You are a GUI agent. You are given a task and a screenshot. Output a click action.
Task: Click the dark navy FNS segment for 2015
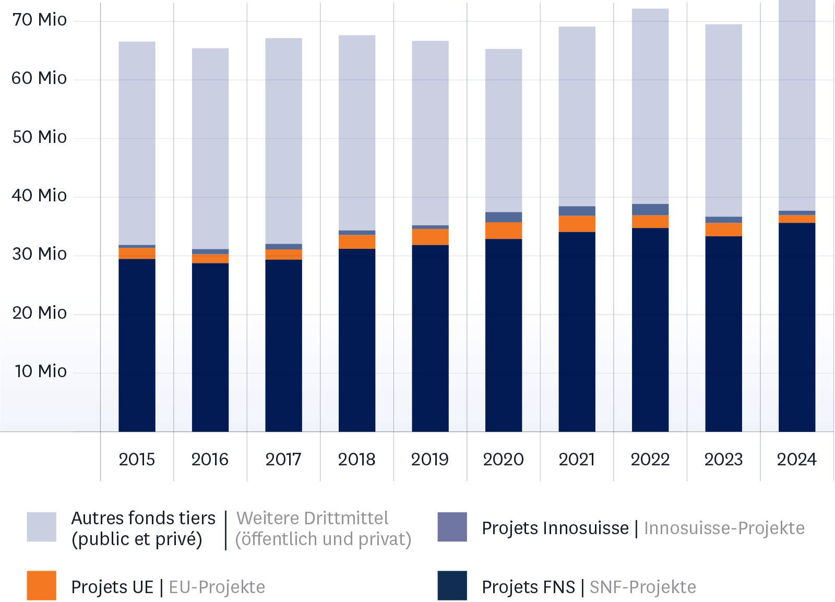(137, 345)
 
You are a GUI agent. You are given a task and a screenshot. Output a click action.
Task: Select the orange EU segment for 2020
(503, 231)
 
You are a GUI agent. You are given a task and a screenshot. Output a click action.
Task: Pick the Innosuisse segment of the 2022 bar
(650, 209)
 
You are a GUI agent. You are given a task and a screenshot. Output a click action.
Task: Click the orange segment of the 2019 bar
(430, 237)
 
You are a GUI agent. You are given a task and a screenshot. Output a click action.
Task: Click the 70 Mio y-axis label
(40, 20)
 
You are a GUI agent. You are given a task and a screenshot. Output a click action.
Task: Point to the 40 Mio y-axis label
(40, 196)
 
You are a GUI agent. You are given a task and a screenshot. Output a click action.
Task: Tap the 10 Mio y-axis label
(41, 371)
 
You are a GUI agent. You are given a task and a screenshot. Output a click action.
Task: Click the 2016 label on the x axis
(210, 460)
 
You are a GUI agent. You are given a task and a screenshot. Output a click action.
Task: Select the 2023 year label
(723, 460)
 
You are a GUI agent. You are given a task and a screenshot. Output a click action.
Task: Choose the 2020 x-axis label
(503, 460)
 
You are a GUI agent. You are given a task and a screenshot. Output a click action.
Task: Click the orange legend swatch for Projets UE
(41, 585)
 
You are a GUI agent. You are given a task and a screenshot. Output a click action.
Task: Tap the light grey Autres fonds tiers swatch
(41, 527)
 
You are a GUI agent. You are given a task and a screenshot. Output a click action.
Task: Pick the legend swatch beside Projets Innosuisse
(452, 527)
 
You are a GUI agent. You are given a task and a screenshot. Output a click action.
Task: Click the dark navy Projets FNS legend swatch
(452, 585)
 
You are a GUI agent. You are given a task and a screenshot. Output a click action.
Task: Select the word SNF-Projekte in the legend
(643, 587)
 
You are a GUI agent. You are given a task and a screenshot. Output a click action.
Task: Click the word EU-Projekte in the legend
(217, 587)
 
